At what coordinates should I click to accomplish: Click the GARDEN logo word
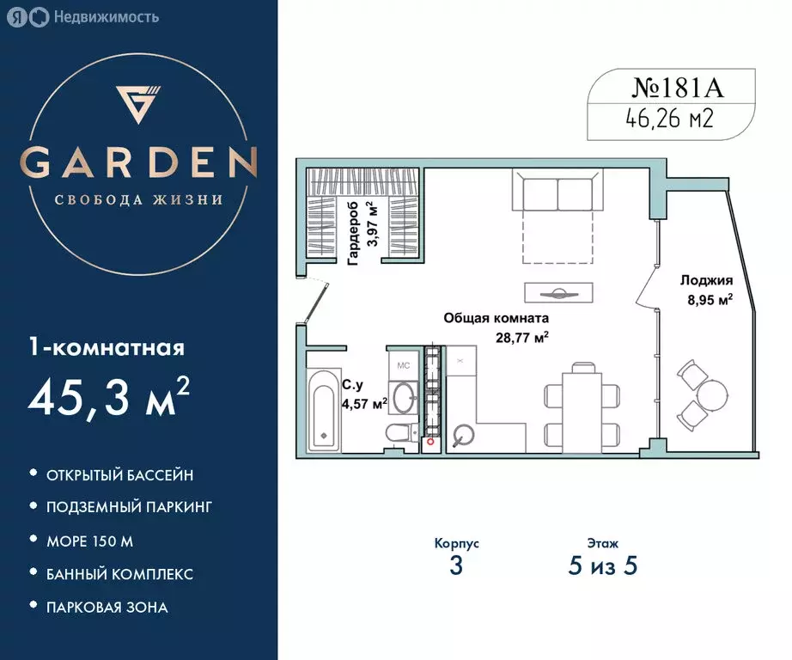pyautogui.click(x=138, y=162)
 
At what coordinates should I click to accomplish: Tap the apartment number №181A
pyautogui.click(x=678, y=88)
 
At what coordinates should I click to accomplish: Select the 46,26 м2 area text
pyautogui.click(x=669, y=119)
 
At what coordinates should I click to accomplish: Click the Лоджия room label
pyautogui.click(x=706, y=280)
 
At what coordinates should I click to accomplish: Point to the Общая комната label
pyautogui.click(x=496, y=318)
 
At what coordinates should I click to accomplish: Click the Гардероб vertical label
pyautogui.click(x=353, y=233)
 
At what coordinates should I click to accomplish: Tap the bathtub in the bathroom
pyautogui.click(x=323, y=412)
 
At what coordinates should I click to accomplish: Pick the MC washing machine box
pyautogui.click(x=403, y=365)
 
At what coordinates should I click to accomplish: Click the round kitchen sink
pyautogui.click(x=463, y=435)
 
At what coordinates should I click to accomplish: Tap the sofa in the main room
pyautogui.click(x=557, y=190)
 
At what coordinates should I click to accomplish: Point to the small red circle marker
pyautogui.click(x=430, y=442)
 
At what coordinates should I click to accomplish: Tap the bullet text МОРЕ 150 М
pyautogui.click(x=90, y=541)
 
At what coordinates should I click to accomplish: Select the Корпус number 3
pyautogui.click(x=456, y=566)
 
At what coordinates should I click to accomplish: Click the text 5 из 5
pyautogui.click(x=602, y=566)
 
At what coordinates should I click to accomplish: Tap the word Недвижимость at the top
pyautogui.click(x=106, y=17)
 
